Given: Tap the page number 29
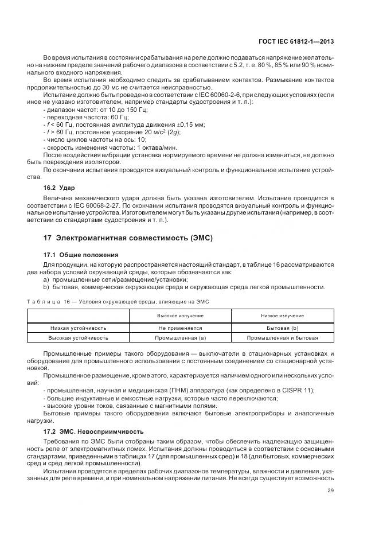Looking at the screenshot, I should pos(331,490).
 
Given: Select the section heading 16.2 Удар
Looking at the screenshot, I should pos(60,188).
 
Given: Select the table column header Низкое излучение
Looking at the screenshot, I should pos(282,316).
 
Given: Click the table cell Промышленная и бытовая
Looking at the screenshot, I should pos(282,338).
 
